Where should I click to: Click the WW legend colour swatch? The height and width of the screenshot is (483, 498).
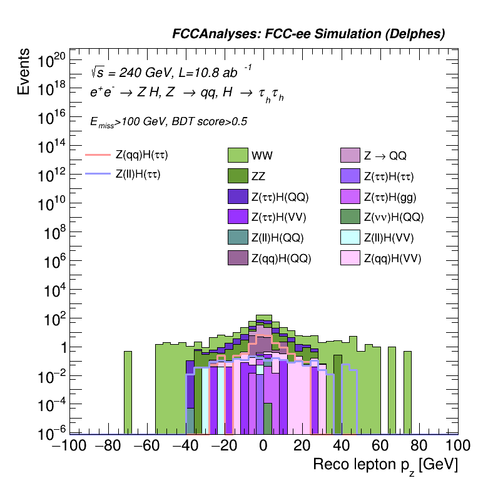[238, 154]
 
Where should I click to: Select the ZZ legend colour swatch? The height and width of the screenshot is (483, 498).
[238, 175]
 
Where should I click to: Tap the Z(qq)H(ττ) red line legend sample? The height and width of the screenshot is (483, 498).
[97, 154]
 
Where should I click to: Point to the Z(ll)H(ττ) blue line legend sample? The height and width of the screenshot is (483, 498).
[97, 175]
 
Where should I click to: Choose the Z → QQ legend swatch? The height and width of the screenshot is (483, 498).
[351, 154]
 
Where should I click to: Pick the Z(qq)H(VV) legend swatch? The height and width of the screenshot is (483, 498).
[351, 258]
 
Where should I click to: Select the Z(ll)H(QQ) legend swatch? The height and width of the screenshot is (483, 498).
[238, 237]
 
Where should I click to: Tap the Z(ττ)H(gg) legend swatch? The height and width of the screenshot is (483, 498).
[351, 196]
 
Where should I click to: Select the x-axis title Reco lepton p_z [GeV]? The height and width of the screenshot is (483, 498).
[385, 466]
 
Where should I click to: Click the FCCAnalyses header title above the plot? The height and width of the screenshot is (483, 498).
[308, 35]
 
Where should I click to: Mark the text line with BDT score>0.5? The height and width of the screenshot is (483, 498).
[168, 122]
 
